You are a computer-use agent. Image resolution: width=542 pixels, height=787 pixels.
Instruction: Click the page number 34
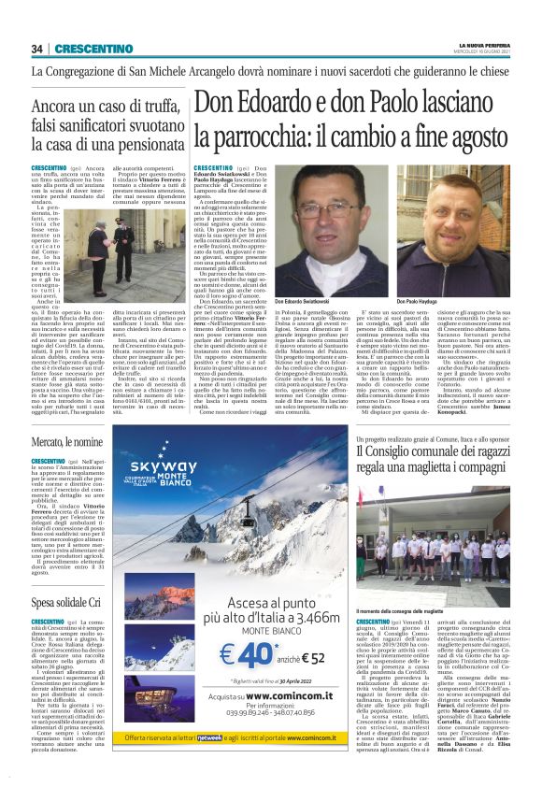(x=38, y=49)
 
